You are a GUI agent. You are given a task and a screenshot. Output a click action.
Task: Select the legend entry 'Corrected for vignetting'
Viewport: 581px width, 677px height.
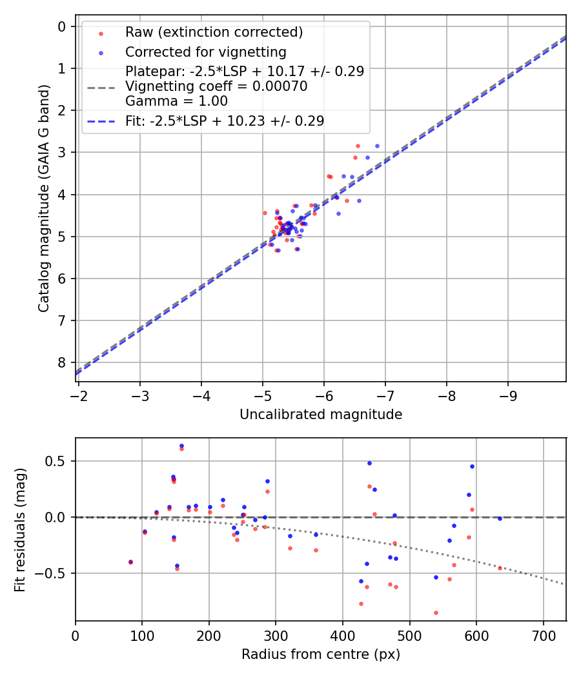pyautogui.click(x=205, y=52)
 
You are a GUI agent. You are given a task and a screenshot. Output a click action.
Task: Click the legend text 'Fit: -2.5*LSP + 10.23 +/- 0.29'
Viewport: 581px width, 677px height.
pyautogui.click(x=225, y=121)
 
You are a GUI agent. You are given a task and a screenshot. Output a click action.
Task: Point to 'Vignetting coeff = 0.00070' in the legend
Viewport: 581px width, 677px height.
pyautogui.click(x=216, y=86)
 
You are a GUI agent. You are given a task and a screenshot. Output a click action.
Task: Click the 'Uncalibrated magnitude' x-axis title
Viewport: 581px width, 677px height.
pyautogui.click(x=321, y=415)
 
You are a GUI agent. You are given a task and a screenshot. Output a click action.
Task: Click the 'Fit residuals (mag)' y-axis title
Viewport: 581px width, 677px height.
pyautogui.click(x=20, y=529)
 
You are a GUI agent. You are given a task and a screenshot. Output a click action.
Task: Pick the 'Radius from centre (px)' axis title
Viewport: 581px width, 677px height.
pyautogui.click(x=321, y=654)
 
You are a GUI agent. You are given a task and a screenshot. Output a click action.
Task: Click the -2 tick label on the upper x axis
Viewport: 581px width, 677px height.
pyautogui.click(x=79, y=393)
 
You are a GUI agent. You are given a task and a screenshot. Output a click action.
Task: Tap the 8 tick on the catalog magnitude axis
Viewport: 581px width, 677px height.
pyautogui.click(x=63, y=363)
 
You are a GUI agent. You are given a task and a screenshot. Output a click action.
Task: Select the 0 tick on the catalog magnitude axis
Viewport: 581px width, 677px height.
pyautogui.click(x=63, y=26)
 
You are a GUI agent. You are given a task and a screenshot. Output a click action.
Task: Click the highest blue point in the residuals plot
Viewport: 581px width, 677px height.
pyautogui.click(x=181, y=446)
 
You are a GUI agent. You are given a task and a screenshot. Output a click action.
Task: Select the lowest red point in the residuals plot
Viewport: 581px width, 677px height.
pyautogui.click(x=436, y=613)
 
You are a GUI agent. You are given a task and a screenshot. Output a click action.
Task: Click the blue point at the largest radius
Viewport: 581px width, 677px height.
pyautogui.click(x=500, y=518)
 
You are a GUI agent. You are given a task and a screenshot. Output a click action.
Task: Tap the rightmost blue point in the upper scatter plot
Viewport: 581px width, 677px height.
pyautogui.click(x=377, y=146)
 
